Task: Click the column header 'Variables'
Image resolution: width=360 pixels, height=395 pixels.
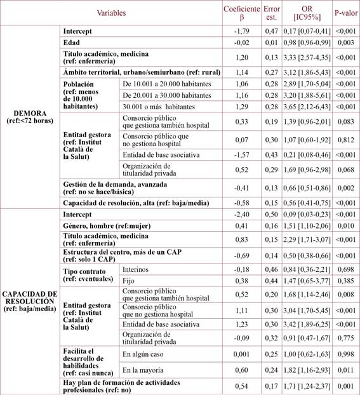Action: tap(110, 13)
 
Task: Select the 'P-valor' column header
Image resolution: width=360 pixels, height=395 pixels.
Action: tap(345, 13)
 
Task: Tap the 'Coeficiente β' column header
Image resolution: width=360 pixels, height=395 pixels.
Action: tap(242, 13)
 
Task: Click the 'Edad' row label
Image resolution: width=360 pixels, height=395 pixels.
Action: tap(71, 42)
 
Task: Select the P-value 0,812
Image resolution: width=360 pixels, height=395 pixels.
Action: tap(345, 145)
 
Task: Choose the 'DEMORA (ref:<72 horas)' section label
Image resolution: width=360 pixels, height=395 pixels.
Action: tap(30, 114)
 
